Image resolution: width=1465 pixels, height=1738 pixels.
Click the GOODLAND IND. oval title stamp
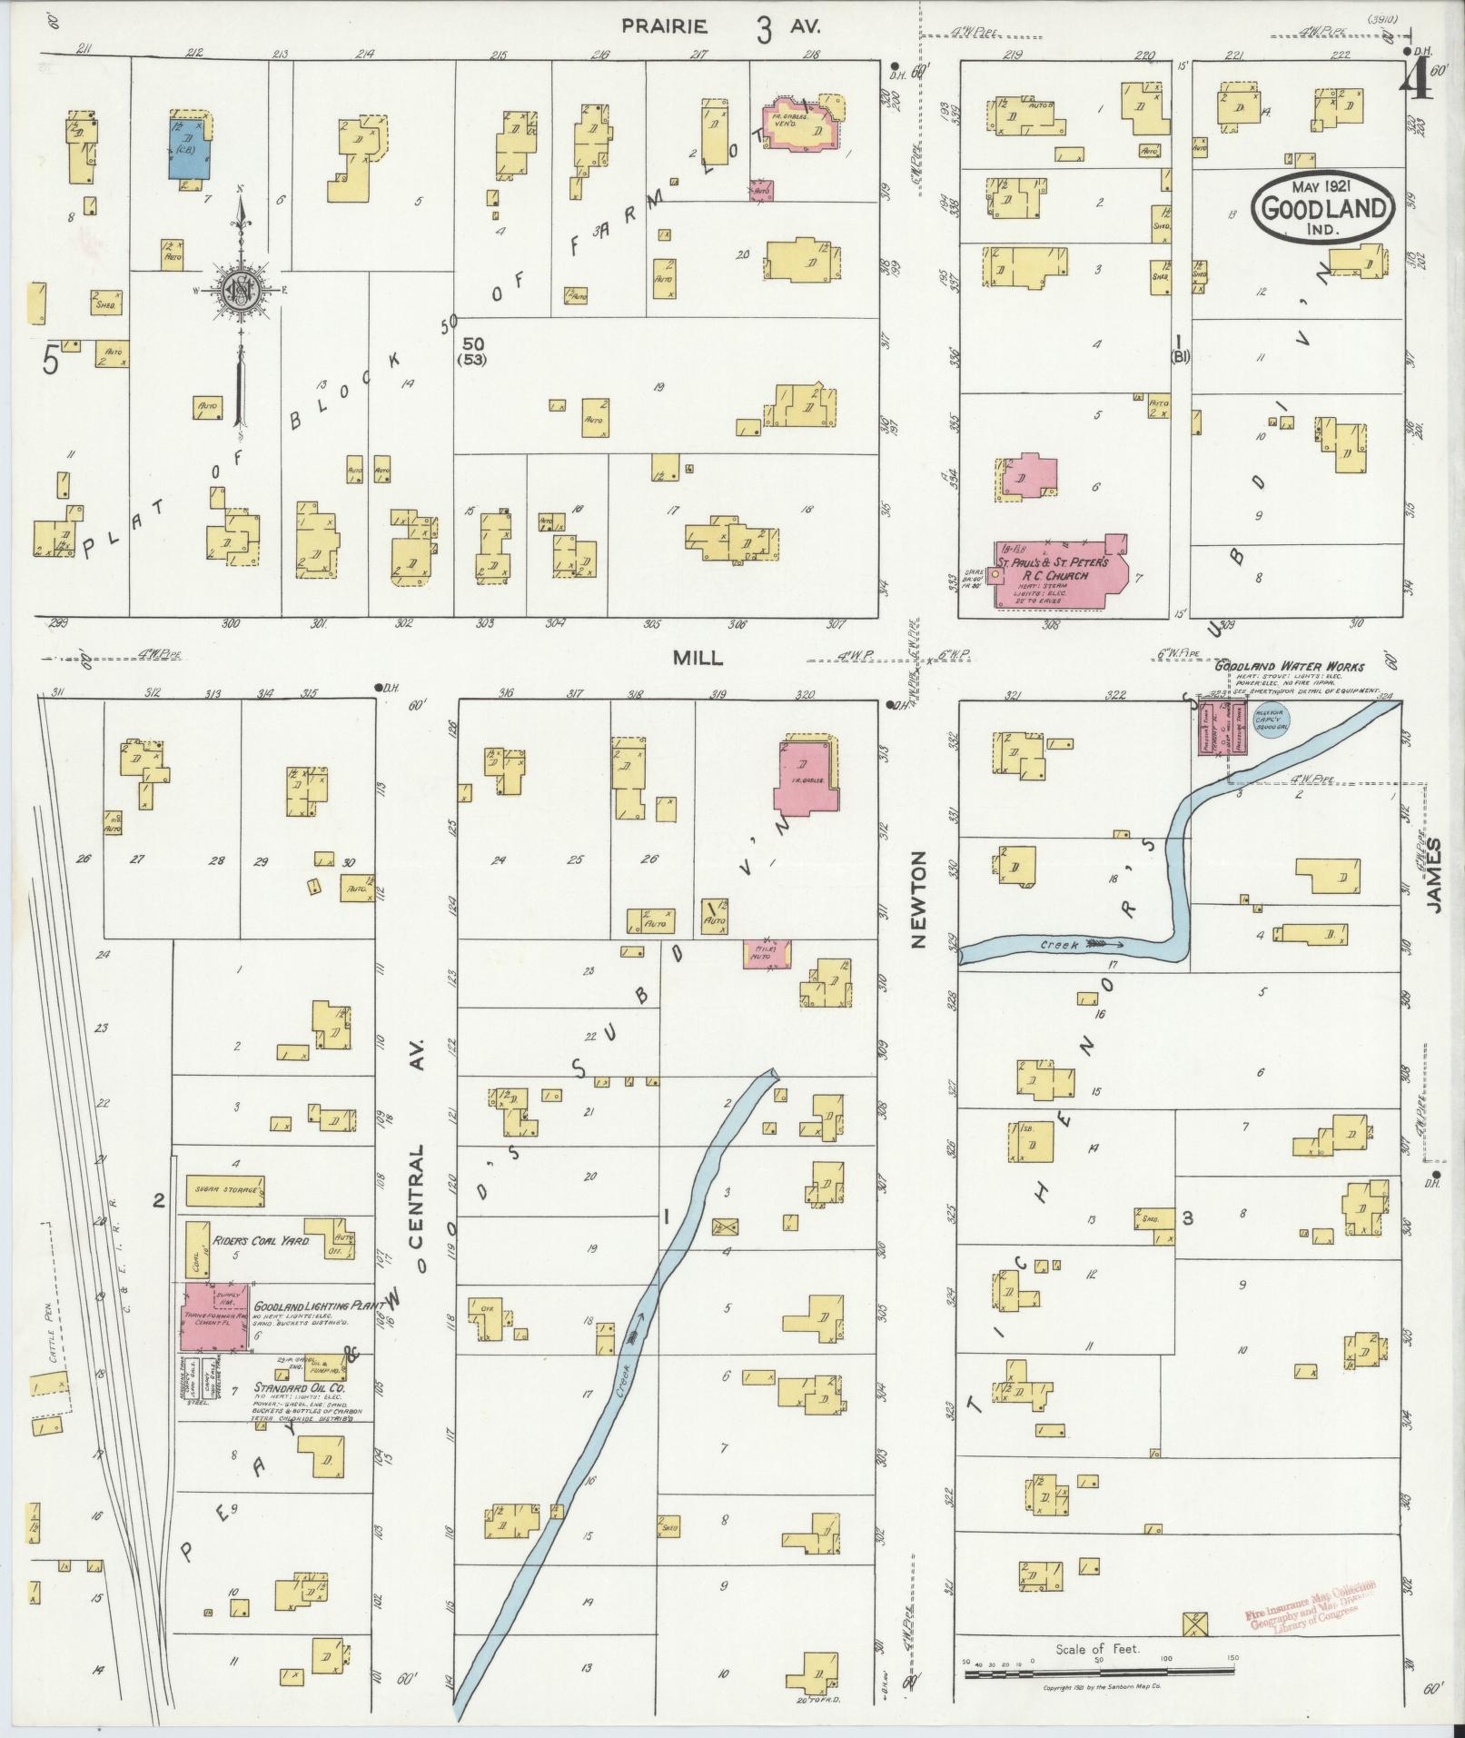click(x=1321, y=209)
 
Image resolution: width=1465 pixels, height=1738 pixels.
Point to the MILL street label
click(x=698, y=659)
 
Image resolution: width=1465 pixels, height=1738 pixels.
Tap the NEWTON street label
click(x=918, y=899)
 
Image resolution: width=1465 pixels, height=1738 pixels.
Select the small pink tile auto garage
click(x=767, y=954)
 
